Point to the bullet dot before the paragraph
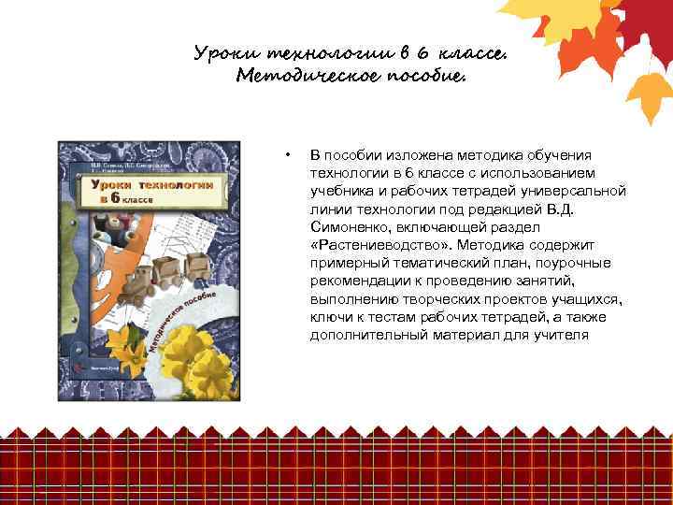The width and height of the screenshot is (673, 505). pyautogui.click(x=289, y=155)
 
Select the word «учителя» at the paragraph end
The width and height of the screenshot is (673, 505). pyautogui.click(x=564, y=335)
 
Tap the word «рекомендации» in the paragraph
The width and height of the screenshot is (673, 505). pyautogui.click(x=354, y=281)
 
